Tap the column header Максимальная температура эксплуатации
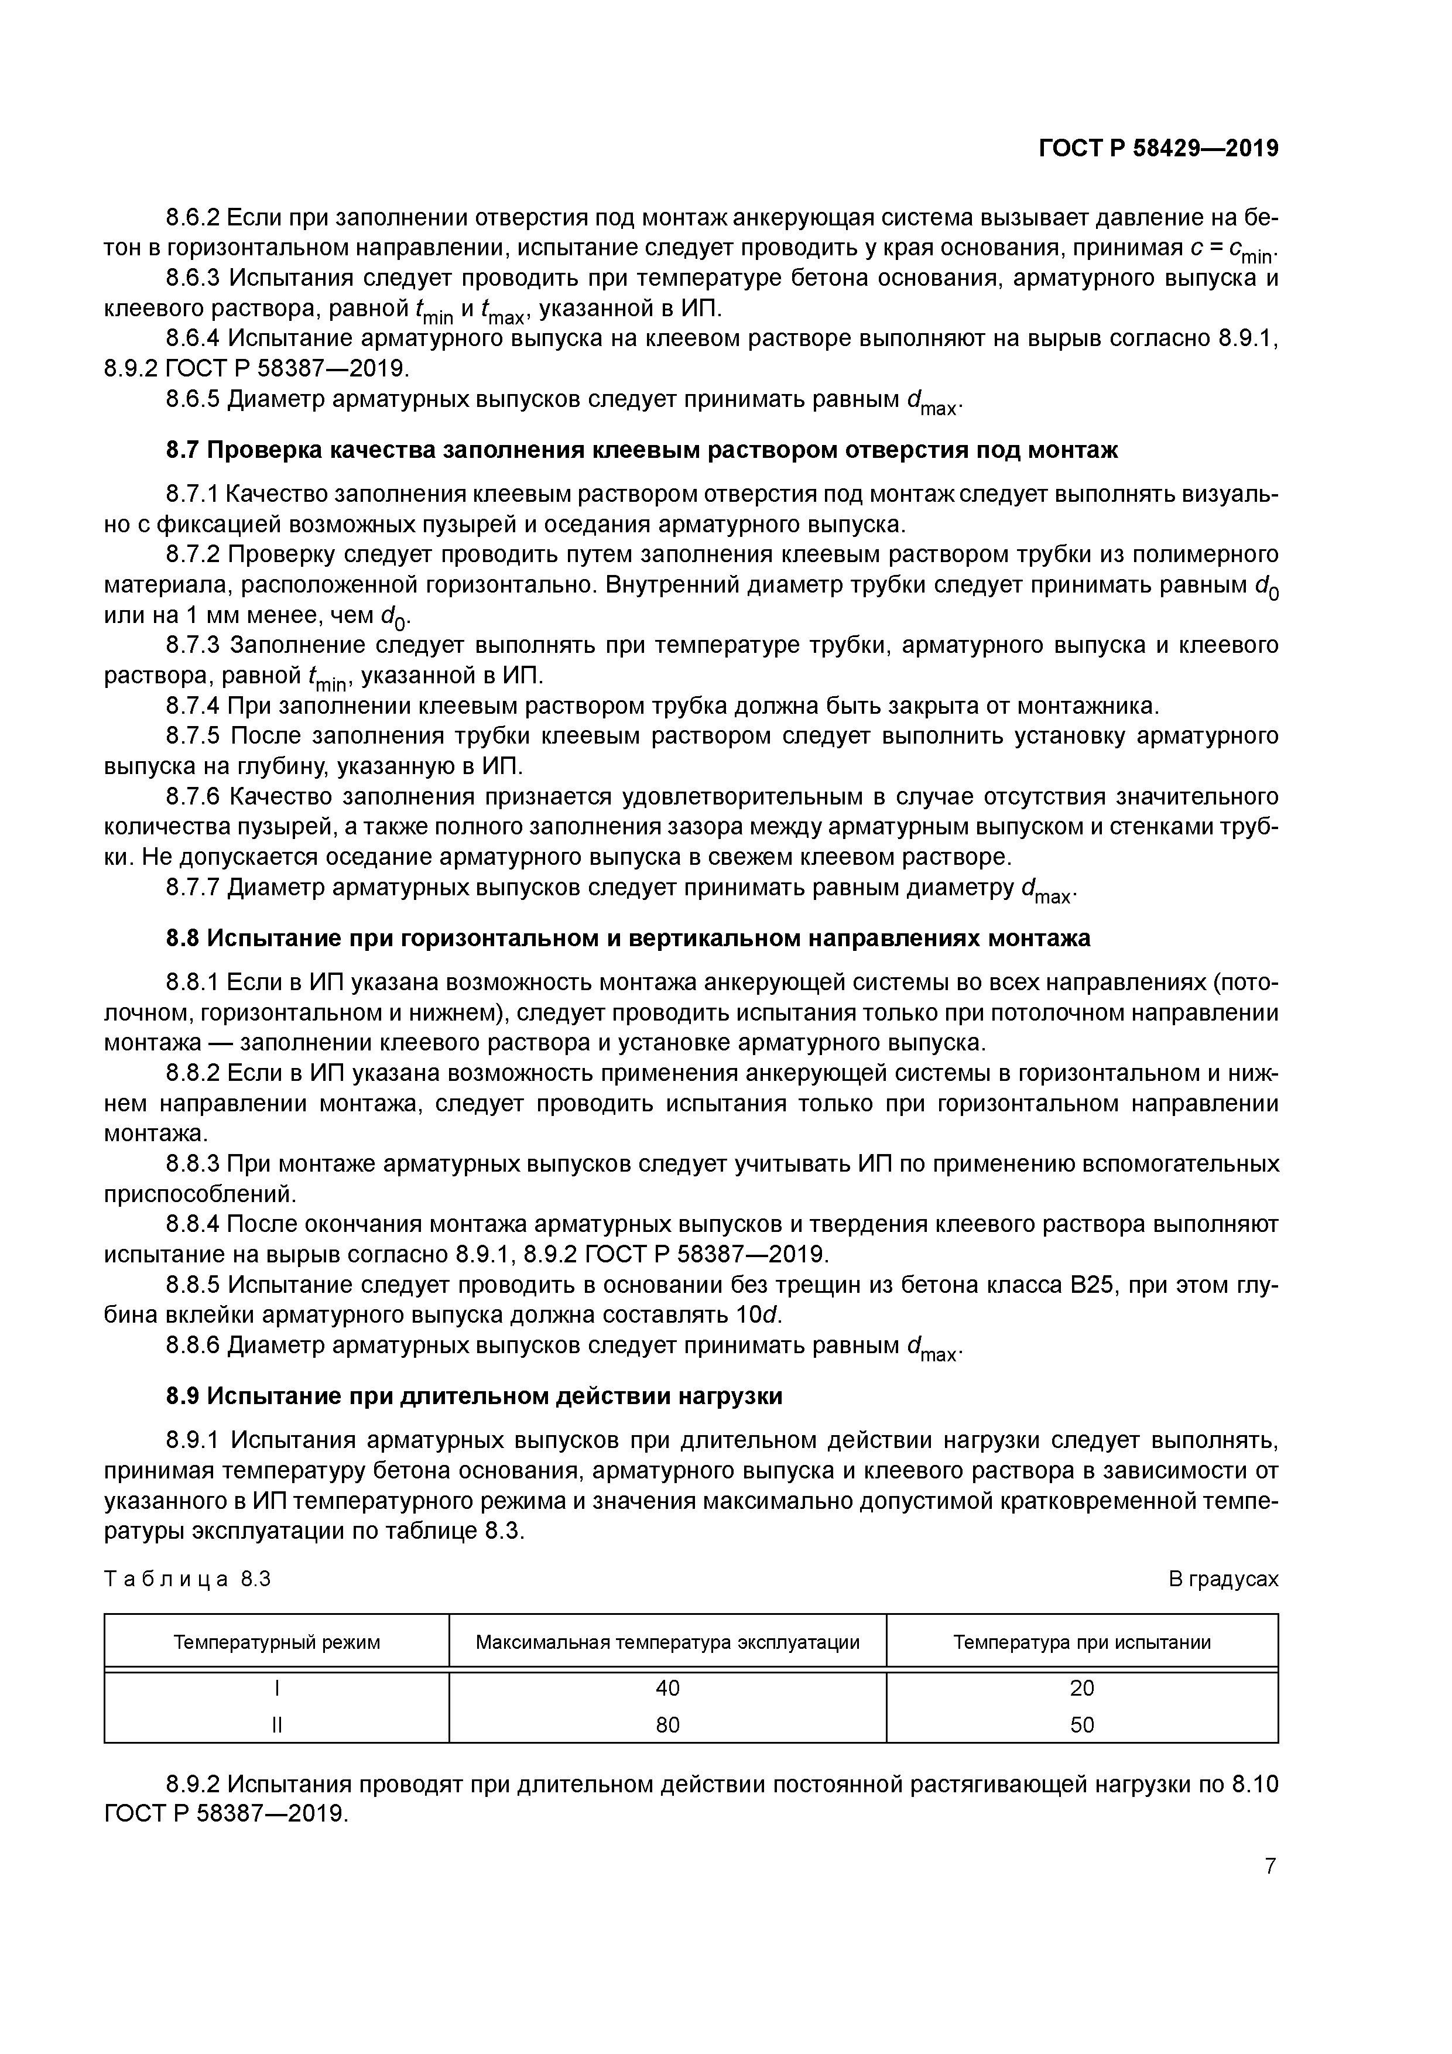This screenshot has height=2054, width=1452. pyautogui.click(x=667, y=1642)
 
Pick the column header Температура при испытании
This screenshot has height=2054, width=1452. pyautogui.click(x=1081, y=1642)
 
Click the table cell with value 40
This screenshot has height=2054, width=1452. pyautogui.click(x=667, y=1688)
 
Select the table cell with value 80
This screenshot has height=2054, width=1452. pyautogui.click(x=667, y=1725)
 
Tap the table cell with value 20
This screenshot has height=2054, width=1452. pyautogui.click(x=1081, y=1688)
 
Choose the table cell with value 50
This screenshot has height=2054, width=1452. pyautogui.click(x=1081, y=1725)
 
